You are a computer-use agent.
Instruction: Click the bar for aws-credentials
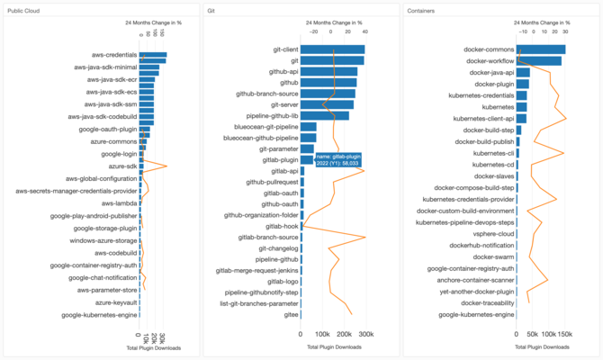click(x=153, y=56)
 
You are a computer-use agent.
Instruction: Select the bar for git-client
click(x=332, y=49)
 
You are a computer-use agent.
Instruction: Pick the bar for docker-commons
click(x=541, y=49)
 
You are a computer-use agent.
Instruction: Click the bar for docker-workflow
click(x=538, y=61)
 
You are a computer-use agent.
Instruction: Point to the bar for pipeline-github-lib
click(x=324, y=116)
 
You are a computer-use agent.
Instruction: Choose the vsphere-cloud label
click(x=495, y=233)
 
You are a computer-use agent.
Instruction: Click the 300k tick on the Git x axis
click(x=365, y=333)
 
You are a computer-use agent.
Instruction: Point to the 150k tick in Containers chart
click(x=563, y=333)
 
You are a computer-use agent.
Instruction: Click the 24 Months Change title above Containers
click(x=541, y=22)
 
